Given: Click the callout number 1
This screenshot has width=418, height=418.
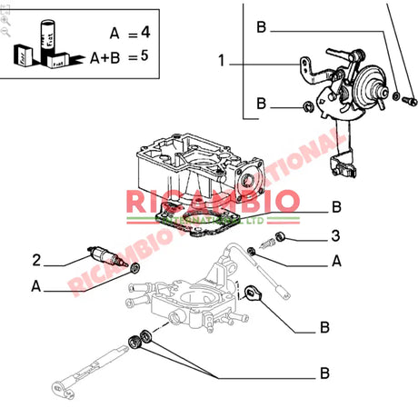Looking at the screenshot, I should [220, 64].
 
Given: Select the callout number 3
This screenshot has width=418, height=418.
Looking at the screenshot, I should [334, 238].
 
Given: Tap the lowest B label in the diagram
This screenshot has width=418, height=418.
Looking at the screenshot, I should [323, 373].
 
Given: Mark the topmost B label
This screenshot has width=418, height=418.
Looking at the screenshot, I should [262, 28].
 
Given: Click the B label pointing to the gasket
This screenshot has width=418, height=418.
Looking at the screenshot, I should [335, 205].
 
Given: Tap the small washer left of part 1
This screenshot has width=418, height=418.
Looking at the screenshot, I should [309, 108].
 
